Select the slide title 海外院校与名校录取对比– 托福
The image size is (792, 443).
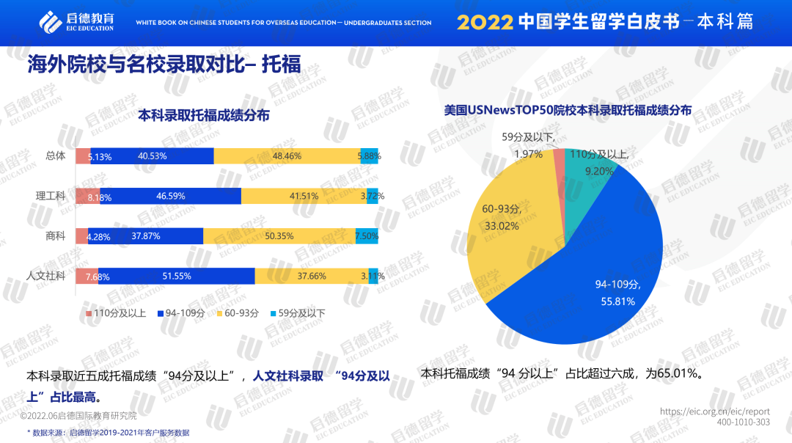point(164,64)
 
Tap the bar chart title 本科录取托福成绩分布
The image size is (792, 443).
point(204,115)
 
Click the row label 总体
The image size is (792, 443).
point(56,155)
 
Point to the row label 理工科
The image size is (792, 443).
point(51,196)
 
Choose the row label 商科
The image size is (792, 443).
point(56,236)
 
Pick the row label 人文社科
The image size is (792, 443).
point(46,276)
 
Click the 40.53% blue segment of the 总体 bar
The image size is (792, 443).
point(152,155)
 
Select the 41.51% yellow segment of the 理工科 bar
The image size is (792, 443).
point(304,196)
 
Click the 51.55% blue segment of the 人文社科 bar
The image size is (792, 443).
point(177,276)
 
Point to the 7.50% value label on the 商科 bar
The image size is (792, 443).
point(367,236)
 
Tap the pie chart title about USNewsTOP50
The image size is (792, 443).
point(568,111)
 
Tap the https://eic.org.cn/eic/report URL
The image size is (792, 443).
point(715,412)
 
